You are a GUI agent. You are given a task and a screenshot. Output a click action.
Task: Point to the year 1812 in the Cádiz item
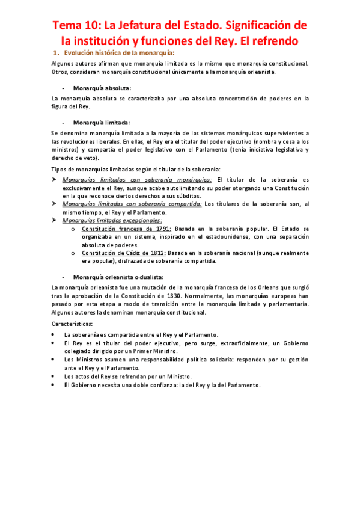point(162,253)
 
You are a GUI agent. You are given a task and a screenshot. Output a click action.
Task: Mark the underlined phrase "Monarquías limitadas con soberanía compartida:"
point(132,204)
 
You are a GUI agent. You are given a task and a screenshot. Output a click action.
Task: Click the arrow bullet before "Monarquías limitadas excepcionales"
point(55,220)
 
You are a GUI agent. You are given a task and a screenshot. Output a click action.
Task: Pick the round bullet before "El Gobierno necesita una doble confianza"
point(55,384)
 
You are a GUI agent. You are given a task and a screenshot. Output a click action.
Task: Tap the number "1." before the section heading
point(56,54)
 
